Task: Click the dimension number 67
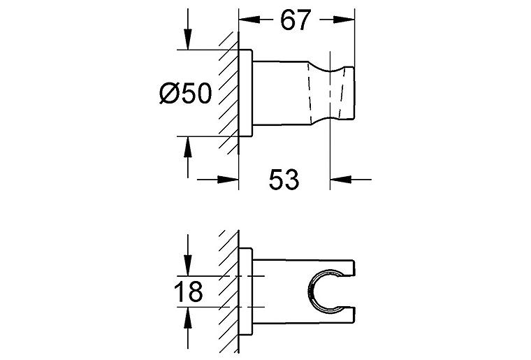click(x=296, y=20)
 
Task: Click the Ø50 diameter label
click(x=186, y=93)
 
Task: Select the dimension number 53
click(x=284, y=179)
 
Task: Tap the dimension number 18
click(x=188, y=291)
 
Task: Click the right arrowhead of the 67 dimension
click(x=344, y=20)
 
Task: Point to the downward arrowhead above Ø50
click(x=188, y=39)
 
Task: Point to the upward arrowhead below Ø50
click(x=188, y=147)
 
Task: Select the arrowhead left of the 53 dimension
click(x=228, y=180)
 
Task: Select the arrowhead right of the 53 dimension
click(x=341, y=180)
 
